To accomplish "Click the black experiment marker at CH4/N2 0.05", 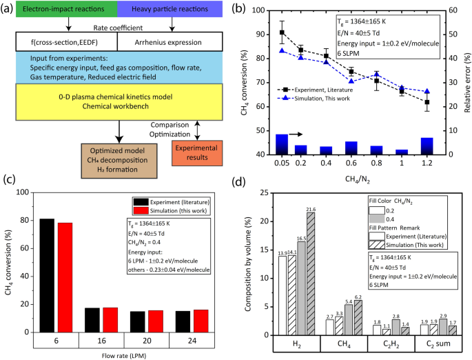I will tap(281, 32).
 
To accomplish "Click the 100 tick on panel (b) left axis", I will tap(265, 10).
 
